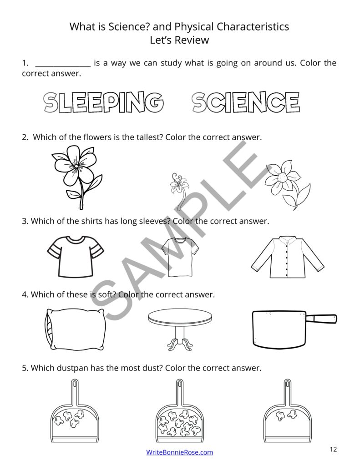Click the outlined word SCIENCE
(x=246, y=102)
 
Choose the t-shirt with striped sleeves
(x=76, y=256)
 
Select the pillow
(x=76, y=328)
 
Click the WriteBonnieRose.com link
(x=179, y=452)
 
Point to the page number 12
(x=333, y=450)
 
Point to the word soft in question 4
(x=108, y=294)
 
